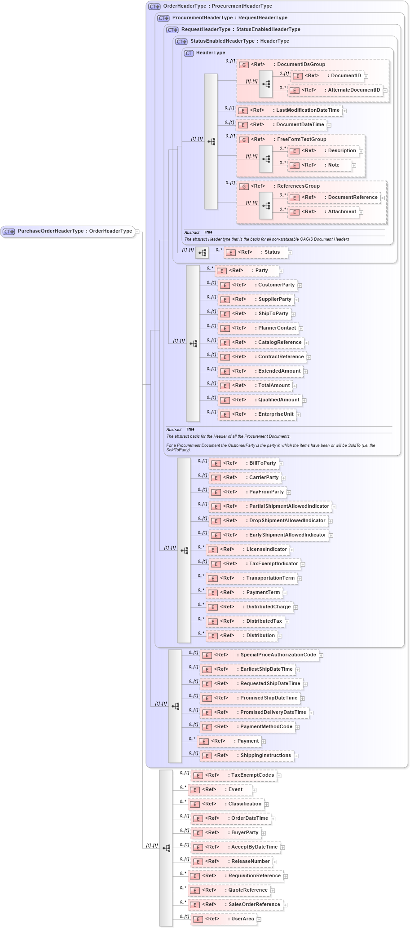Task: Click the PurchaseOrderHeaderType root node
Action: (x=68, y=231)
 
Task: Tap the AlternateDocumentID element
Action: (x=335, y=90)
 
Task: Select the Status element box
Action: (x=256, y=252)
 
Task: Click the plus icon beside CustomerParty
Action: (x=300, y=286)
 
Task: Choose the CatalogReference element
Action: (x=261, y=343)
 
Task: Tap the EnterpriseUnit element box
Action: (x=257, y=414)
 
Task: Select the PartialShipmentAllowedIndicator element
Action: (x=270, y=506)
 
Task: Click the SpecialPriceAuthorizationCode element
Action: (x=259, y=655)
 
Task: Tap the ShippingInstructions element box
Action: (x=247, y=756)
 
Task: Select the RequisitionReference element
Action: (x=235, y=876)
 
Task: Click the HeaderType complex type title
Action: (x=210, y=53)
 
